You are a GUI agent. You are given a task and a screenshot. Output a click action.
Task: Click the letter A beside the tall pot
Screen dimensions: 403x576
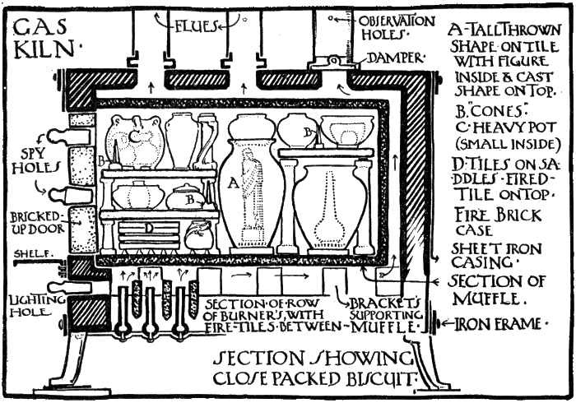click(x=230, y=185)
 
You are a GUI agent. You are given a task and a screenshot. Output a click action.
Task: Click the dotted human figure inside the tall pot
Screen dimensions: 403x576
click(x=256, y=197)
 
